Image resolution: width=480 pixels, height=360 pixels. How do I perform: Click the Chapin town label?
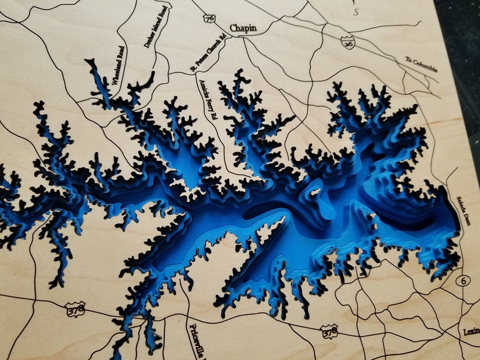[x=244, y=28]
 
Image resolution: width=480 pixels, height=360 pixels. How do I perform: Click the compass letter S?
[x=355, y=15]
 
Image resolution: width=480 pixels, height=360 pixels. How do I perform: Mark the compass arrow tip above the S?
[x=355, y=3]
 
